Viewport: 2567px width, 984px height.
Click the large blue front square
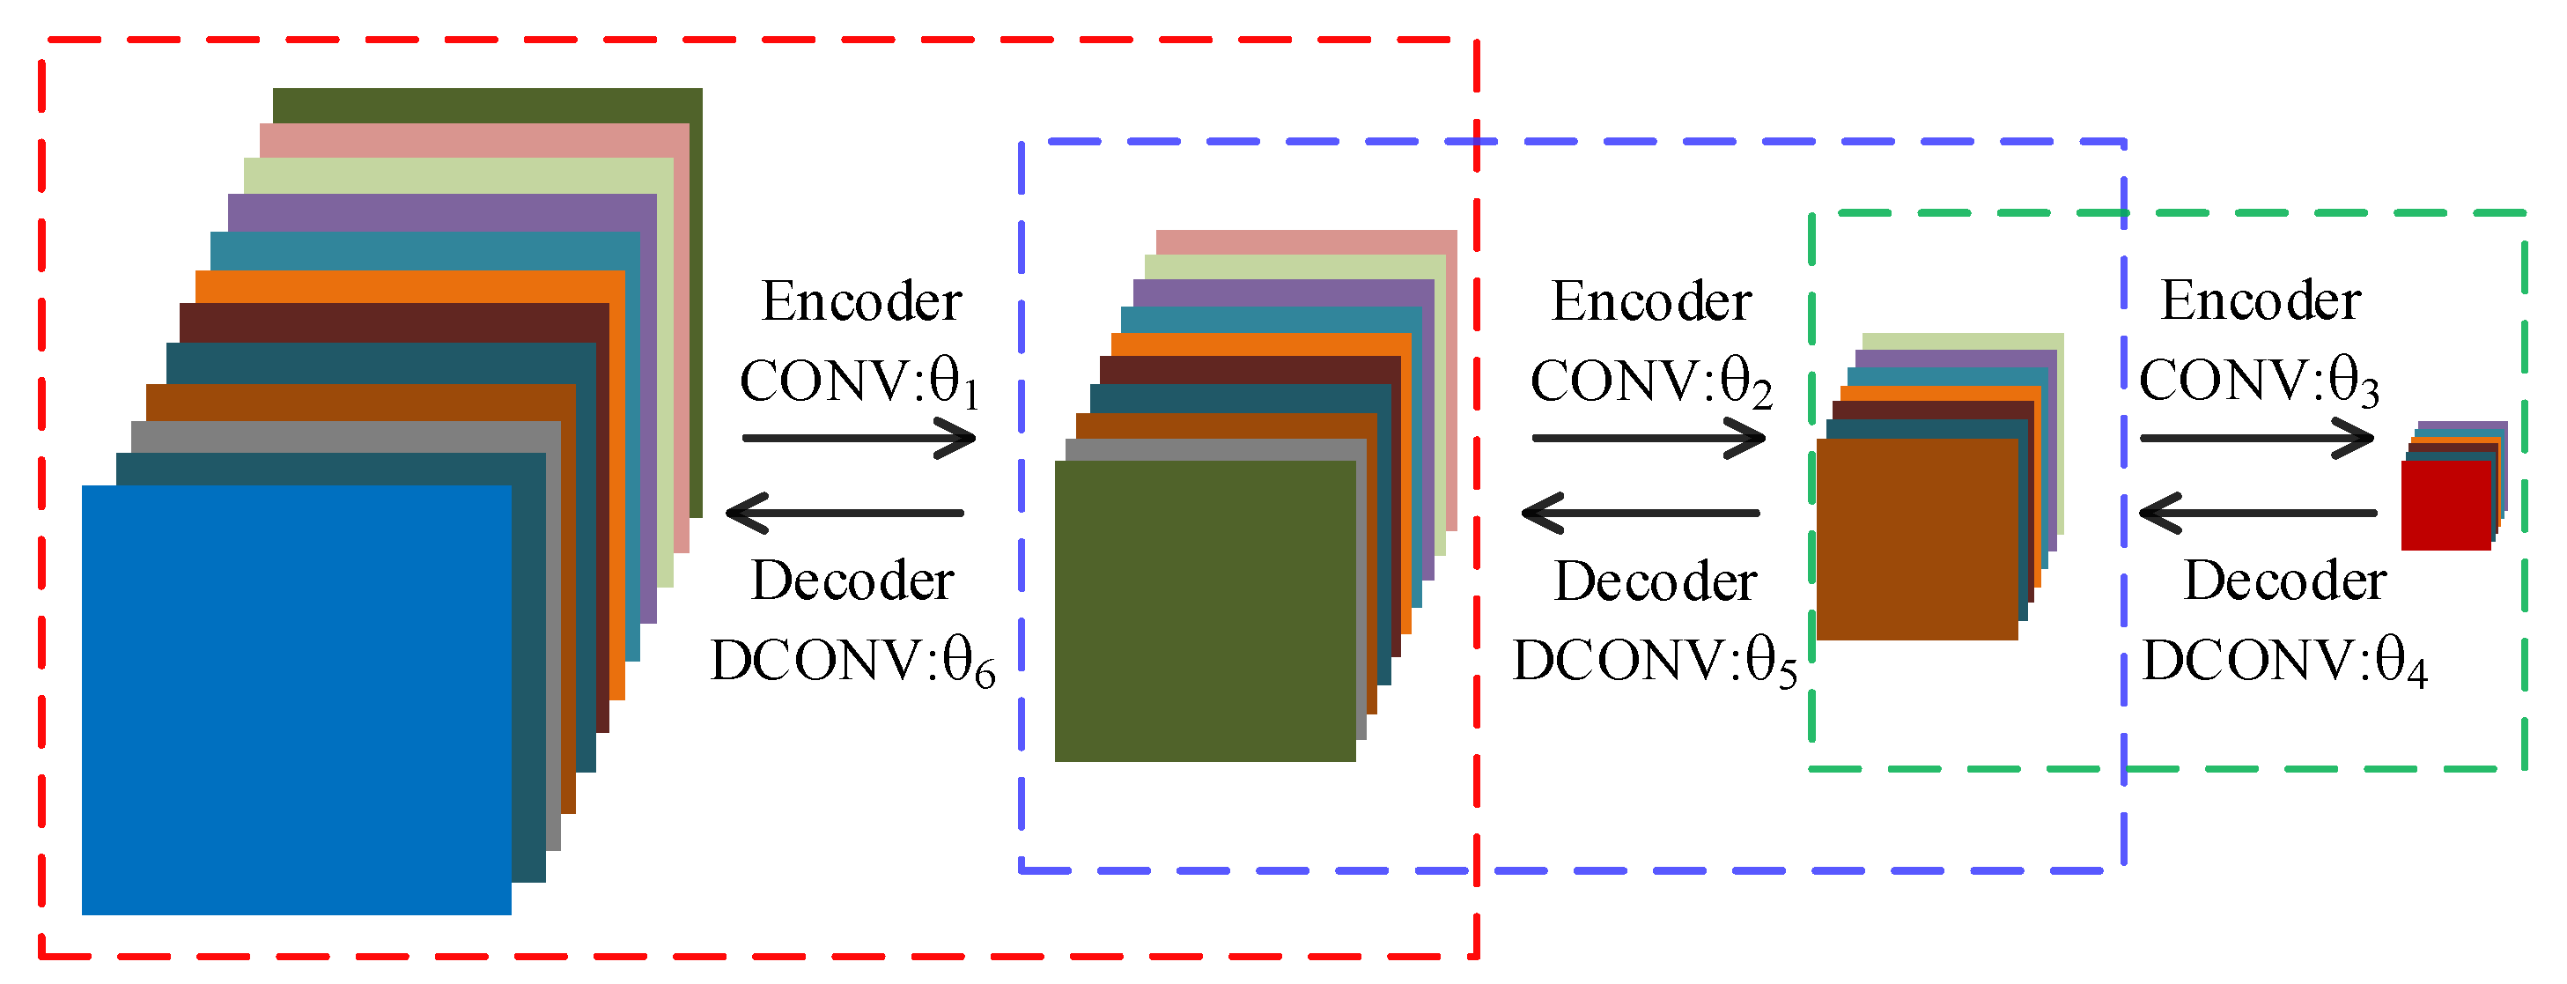click(296, 699)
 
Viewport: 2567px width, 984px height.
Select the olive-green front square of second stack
click(1204, 610)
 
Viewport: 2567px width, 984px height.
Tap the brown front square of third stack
click(1916, 538)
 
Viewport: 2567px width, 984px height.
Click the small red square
click(2445, 505)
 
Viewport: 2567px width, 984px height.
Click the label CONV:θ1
click(859, 381)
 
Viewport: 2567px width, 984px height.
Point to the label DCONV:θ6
click(852, 661)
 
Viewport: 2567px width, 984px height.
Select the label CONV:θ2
click(1650, 381)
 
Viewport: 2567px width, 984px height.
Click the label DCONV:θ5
click(1654, 661)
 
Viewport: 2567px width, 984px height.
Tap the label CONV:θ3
click(2258, 381)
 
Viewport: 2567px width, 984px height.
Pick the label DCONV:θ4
click(2284, 661)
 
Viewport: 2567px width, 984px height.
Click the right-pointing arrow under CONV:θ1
click(858, 438)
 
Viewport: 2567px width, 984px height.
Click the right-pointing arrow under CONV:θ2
click(1649, 438)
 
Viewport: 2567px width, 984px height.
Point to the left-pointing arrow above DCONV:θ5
click(1641, 513)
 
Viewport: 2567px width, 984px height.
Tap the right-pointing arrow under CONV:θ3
click(2256, 438)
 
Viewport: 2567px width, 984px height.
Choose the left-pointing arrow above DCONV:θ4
click(2258, 513)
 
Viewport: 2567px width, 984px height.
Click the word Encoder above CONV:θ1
click(861, 301)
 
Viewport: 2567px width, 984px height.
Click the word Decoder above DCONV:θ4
click(2284, 581)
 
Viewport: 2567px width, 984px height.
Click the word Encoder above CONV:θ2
click(1650, 301)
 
